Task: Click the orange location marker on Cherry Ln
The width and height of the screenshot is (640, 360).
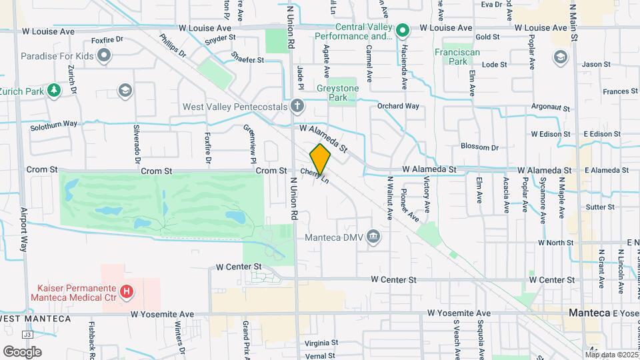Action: [x=320, y=159]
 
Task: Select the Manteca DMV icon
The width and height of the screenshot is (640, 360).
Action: [x=373, y=237]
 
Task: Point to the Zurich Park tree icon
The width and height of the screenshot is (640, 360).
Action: [x=53, y=91]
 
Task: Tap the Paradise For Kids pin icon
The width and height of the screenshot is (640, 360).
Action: [x=103, y=56]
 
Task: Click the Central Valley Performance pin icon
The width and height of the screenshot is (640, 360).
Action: [x=402, y=31]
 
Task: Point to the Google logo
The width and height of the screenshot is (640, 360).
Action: [x=22, y=351]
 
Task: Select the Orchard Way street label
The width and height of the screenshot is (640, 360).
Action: [x=398, y=106]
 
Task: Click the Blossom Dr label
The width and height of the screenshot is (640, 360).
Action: [x=480, y=147]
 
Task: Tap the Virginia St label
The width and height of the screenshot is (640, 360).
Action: [x=321, y=343]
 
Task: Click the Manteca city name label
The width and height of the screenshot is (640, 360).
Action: [x=590, y=313]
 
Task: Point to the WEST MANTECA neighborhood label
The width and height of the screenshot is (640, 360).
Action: [x=35, y=319]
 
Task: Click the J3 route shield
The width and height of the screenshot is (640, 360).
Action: [x=27, y=335]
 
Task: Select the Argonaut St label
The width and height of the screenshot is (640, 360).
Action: [x=551, y=107]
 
